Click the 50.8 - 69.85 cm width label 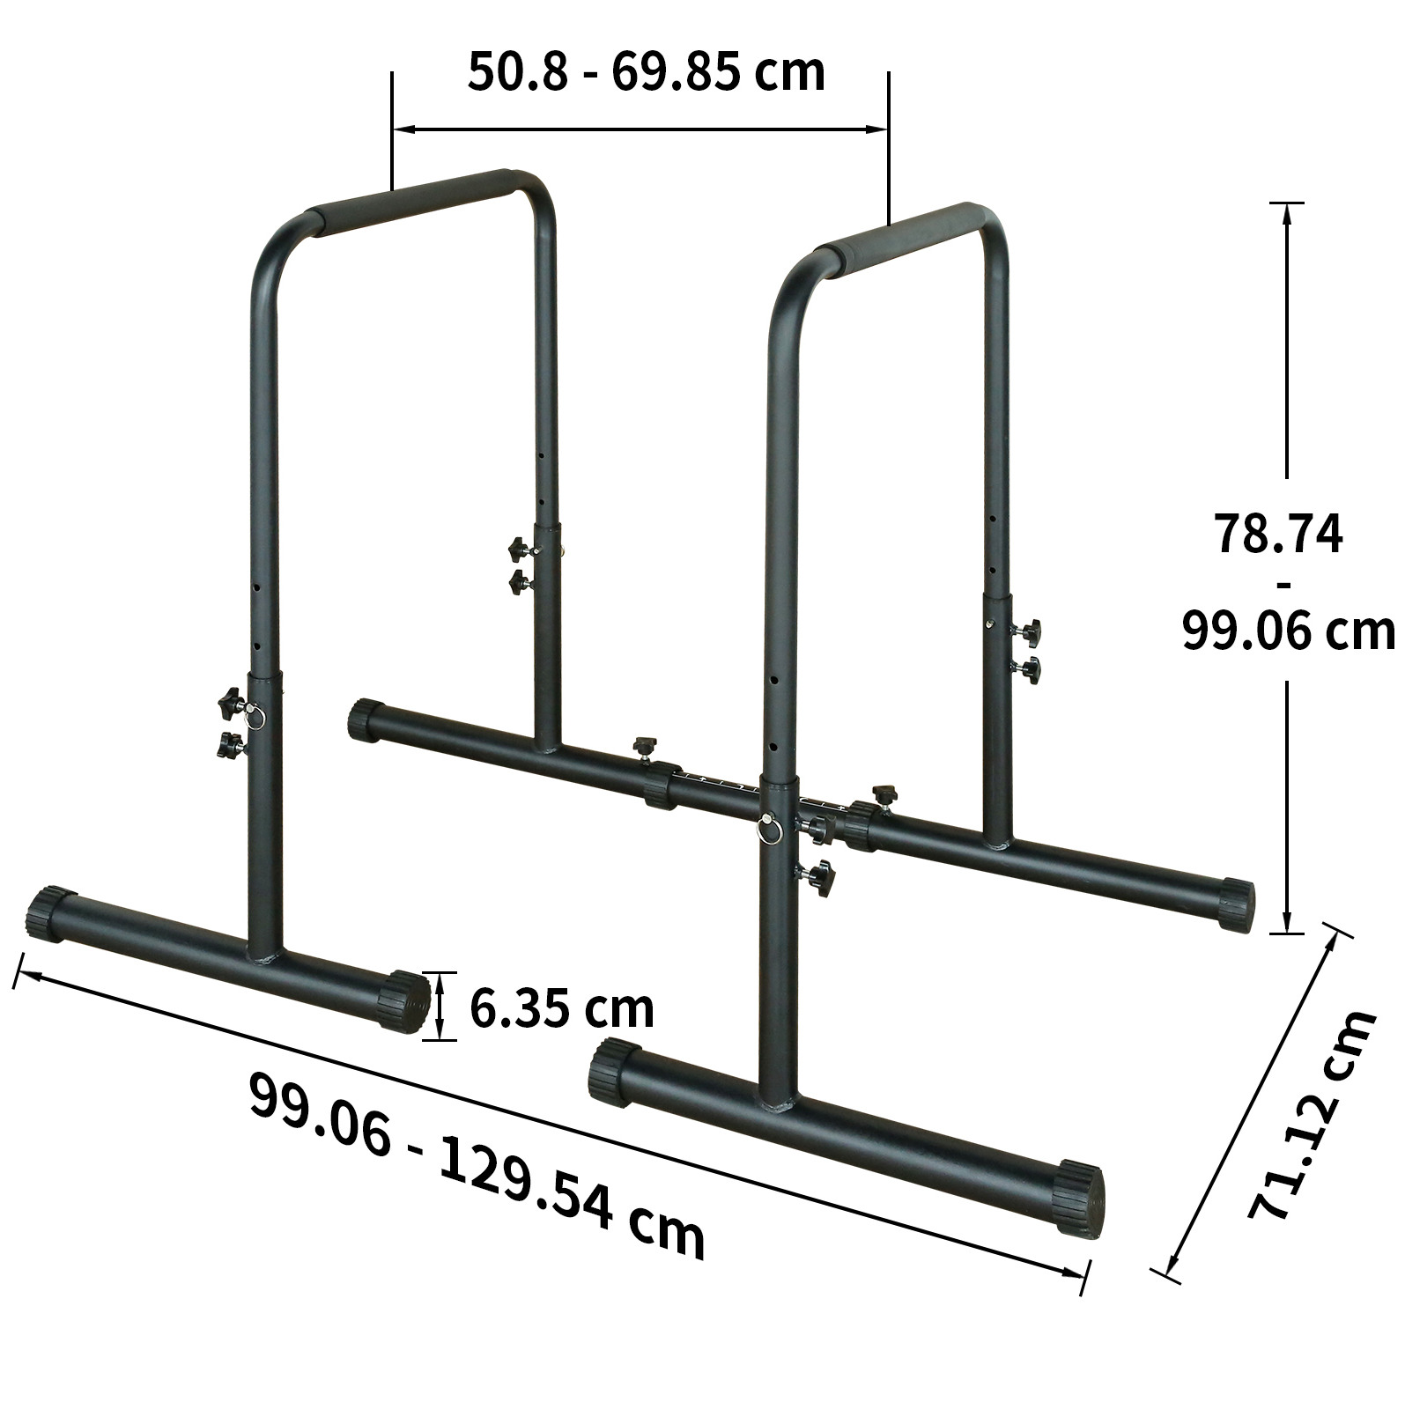click(x=646, y=72)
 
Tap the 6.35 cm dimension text click(x=562, y=1008)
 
